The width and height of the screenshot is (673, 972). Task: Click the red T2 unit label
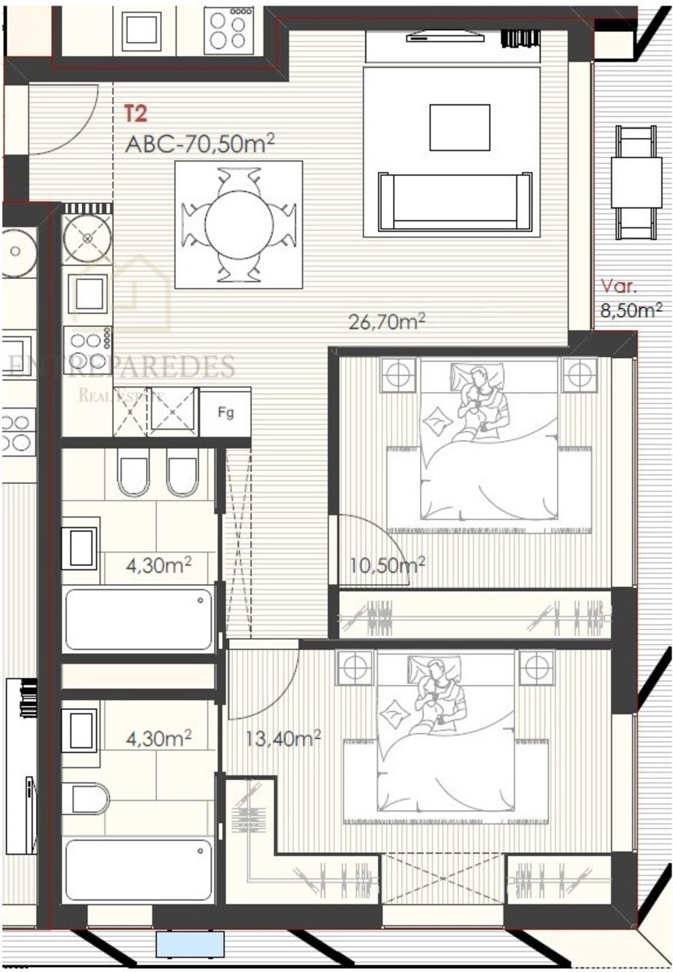pos(136,114)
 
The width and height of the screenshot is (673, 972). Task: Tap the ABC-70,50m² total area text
pos(200,143)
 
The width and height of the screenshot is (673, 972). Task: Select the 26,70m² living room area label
pos(386,320)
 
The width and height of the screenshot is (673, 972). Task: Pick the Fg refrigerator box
pos(226,412)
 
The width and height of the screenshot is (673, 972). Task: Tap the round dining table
pos(239,225)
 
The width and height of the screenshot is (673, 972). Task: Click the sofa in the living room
pos(455,201)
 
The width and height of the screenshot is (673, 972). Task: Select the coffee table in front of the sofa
pos(460,127)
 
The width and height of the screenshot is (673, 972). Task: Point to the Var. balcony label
pos(619,287)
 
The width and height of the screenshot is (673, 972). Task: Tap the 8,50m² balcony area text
pos(631,310)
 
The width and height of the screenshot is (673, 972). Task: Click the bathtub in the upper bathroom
pos(139,619)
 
